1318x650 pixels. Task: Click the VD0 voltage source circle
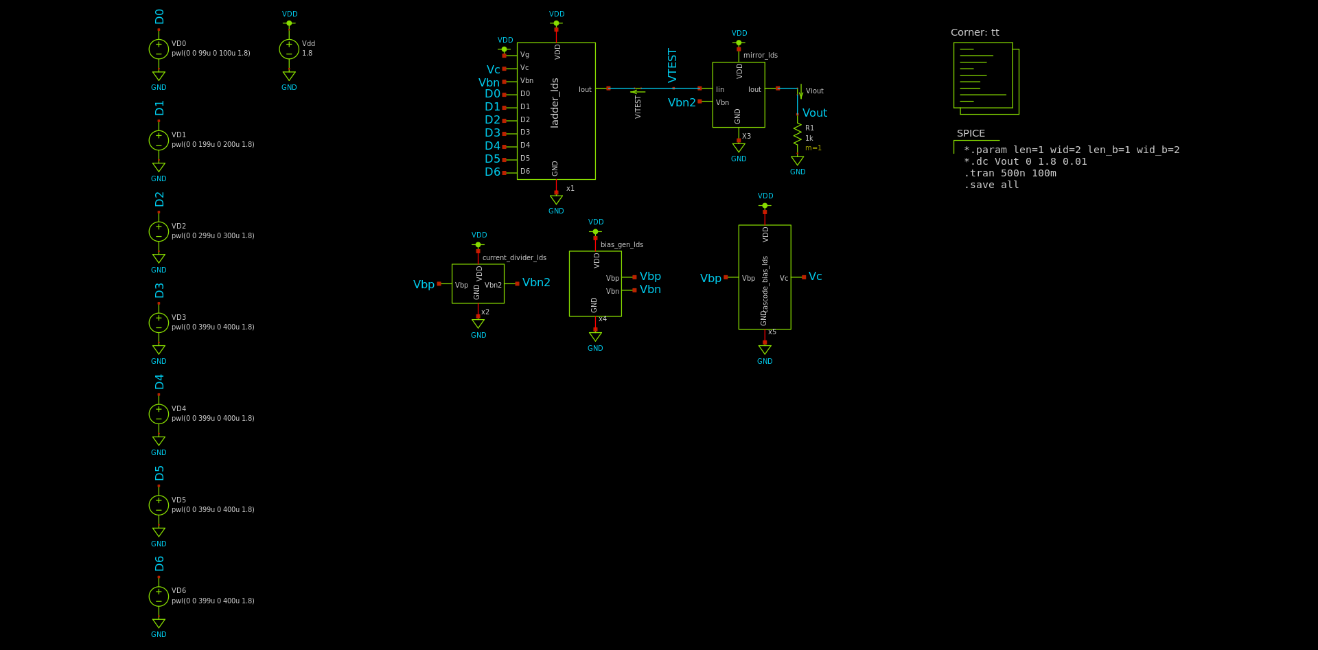(159, 49)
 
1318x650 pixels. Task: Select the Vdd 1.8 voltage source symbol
(289, 49)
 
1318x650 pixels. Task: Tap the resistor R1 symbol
(797, 134)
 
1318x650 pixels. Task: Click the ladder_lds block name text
(555, 103)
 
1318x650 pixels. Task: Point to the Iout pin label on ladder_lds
(585, 89)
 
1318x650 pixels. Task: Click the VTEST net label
(672, 65)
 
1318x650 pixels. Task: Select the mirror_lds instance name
(761, 55)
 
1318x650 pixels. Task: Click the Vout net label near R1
(815, 113)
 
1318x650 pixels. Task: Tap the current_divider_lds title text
(514, 257)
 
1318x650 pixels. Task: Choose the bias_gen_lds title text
(622, 244)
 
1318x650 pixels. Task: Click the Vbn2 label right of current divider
(536, 282)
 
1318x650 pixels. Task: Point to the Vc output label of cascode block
(815, 276)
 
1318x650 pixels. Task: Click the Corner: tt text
(975, 32)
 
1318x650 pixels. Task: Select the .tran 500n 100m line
(1010, 173)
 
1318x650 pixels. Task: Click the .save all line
(991, 185)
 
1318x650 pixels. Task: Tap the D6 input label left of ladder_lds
(492, 172)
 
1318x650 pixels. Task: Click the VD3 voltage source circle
(159, 323)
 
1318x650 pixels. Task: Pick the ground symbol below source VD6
(159, 623)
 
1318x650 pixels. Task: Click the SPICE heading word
(971, 133)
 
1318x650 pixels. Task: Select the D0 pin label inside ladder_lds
(525, 93)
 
